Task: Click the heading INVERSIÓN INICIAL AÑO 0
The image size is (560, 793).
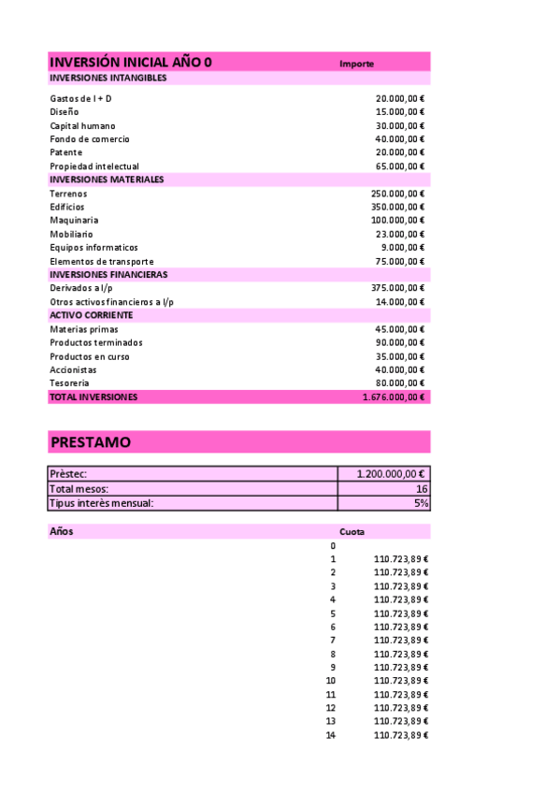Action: pos(130,62)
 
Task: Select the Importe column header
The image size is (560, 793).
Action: pos(357,64)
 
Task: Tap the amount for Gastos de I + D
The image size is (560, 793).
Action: pos(399,98)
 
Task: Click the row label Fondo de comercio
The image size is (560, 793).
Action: pos(90,139)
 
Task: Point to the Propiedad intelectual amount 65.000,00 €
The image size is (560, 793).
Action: pos(399,166)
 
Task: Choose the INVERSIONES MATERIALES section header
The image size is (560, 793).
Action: pos(107,180)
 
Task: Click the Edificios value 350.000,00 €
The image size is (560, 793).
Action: pos(397,207)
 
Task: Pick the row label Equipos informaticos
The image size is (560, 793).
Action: pos(93,248)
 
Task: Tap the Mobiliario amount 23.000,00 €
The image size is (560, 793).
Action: pos(399,234)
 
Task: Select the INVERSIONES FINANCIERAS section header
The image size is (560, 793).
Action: pos(108,275)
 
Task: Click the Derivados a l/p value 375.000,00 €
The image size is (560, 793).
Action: pos(397,288)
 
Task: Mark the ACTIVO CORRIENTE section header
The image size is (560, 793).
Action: pos(91,315)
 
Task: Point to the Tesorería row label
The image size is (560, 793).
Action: pos(70,383)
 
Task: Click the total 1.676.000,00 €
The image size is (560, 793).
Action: pos(394,397)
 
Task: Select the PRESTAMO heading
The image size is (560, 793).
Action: pos(91,442)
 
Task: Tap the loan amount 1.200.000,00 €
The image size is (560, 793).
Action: pos(392,474)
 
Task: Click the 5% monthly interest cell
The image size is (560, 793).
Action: pos(423,503)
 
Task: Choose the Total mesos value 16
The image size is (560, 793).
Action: pos(423,489)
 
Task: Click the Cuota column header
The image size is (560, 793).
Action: pos(352,532)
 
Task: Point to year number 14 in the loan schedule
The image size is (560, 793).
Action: pos(330,736)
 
